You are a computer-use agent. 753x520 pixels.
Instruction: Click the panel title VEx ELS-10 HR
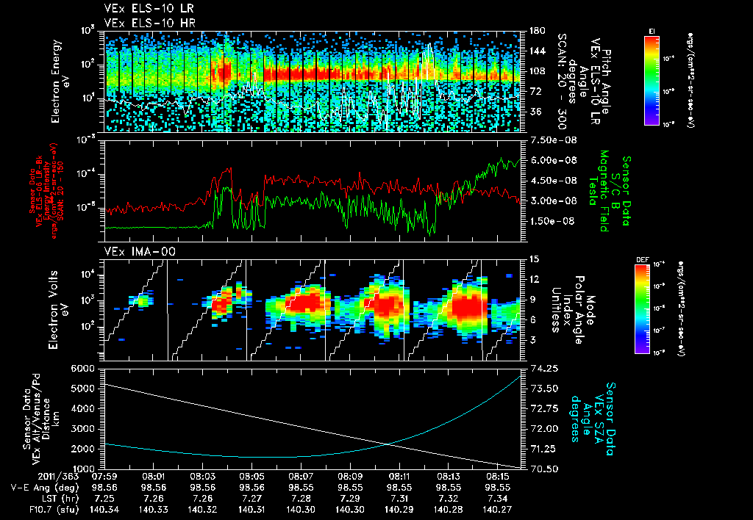pos(143,23)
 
